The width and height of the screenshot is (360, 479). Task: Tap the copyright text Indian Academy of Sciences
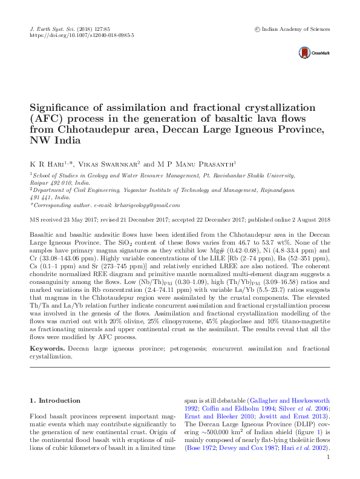(296, 29)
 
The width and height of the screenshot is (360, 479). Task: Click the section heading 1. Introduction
(55, 400)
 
